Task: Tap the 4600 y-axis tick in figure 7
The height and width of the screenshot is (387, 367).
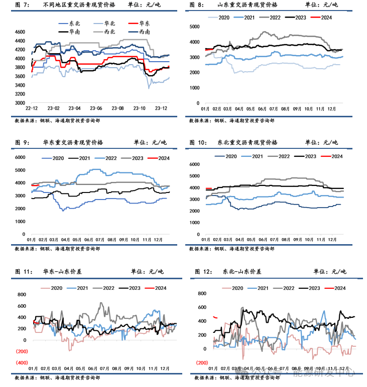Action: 20,32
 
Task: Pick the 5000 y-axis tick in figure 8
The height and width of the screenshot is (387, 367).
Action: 195,25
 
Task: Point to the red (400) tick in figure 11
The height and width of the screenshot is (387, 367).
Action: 21,362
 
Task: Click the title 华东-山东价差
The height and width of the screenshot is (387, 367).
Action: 62,272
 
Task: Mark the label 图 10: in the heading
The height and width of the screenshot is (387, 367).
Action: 199,143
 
